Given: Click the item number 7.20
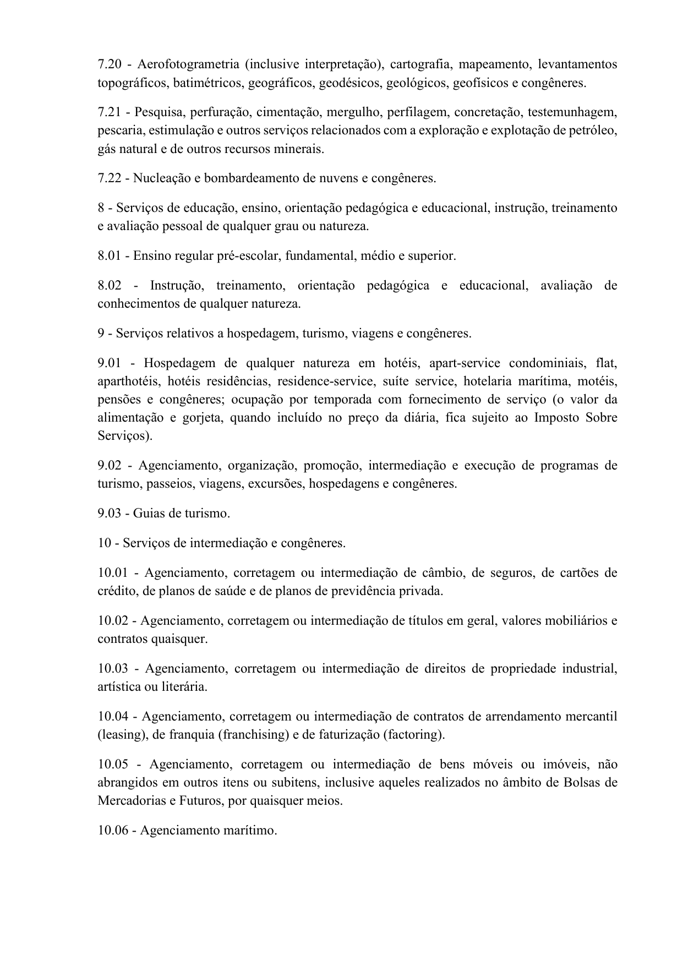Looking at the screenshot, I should click(110, 65).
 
